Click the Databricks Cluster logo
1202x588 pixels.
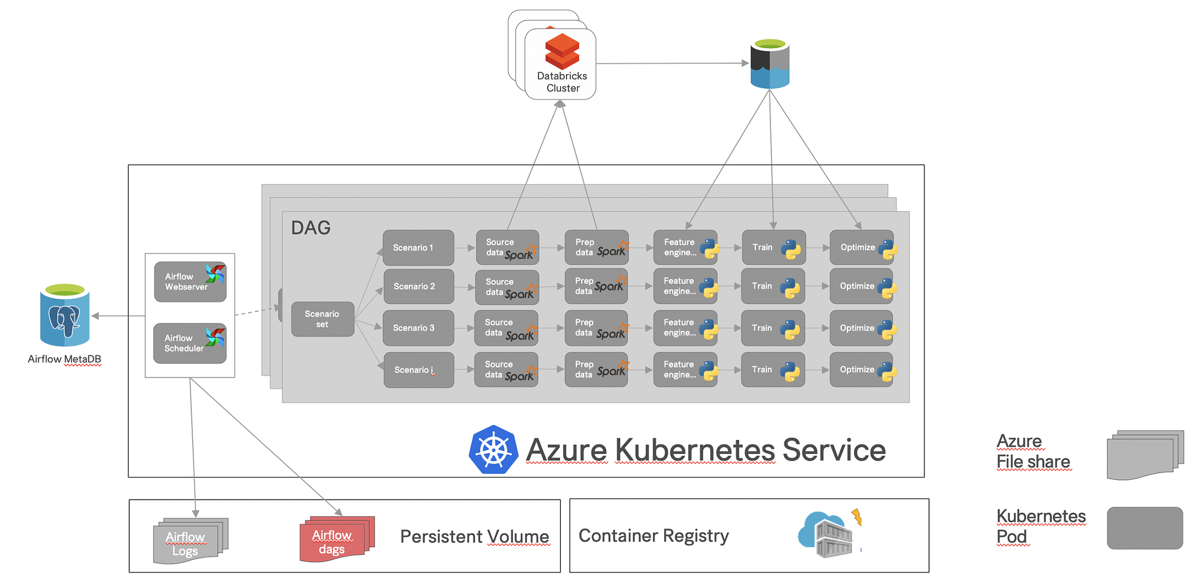562,51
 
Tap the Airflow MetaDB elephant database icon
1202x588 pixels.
65,315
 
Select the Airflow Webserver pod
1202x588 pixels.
190,281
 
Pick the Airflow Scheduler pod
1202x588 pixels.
190,343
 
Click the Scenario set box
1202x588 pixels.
323,319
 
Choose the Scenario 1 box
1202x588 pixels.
418,248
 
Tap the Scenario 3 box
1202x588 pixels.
418,328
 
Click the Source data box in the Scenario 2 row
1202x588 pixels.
507,287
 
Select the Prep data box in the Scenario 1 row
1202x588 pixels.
597,247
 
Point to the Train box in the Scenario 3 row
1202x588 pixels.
773,328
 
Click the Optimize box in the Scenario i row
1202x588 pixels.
862,369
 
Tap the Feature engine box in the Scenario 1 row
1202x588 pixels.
685,247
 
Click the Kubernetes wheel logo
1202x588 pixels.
493,450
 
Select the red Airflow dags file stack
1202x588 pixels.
337,538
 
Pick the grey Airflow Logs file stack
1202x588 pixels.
191,541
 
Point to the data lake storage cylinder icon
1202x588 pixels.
770,64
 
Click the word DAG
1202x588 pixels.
311,228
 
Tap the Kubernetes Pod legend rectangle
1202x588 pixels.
1145,528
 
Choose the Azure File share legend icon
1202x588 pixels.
1145,455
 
